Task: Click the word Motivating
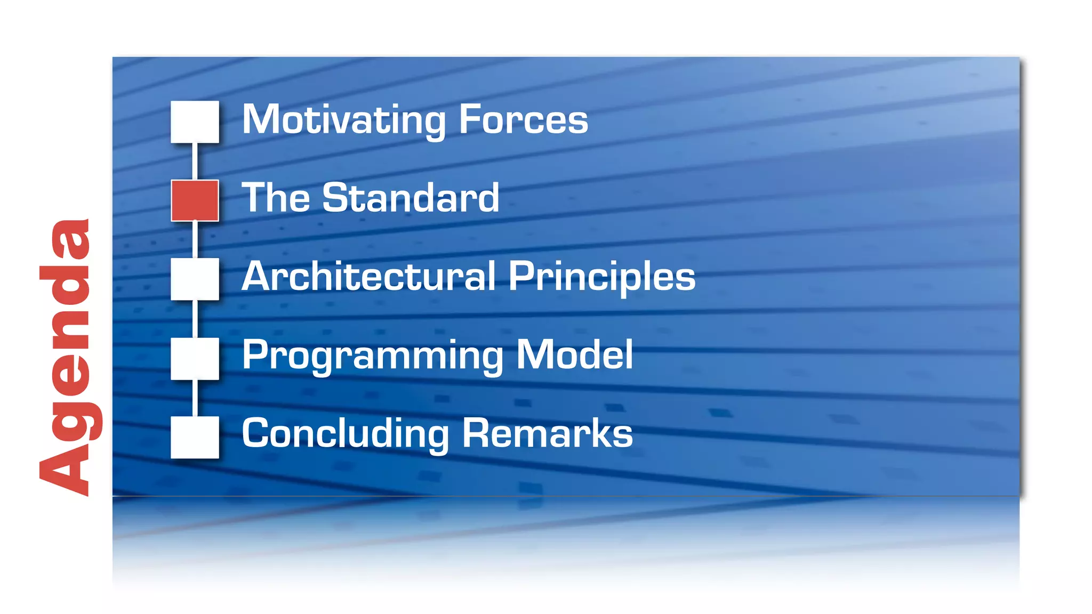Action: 343,120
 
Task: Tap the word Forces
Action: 523,120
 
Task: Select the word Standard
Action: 411,198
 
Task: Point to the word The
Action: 276,198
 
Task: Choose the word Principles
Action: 602,276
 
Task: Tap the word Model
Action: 575,355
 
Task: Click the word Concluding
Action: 346,433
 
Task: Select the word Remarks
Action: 548,433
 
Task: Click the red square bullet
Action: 195,200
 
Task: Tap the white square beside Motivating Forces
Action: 195,122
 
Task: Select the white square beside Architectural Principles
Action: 195,279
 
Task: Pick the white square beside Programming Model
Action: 195,358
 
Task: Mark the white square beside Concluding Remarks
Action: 195,437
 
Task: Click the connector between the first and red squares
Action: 195,161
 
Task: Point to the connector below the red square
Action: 195,239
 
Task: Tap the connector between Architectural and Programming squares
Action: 195,318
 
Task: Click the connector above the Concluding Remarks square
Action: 195,398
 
